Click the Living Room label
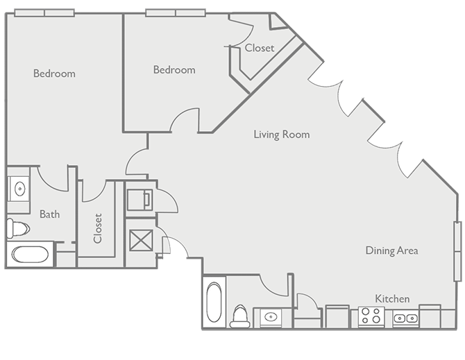click(281, 135)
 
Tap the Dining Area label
click(391, 250)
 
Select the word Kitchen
click(392, 298)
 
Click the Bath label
click(49, 214)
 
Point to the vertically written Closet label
click(98, 228)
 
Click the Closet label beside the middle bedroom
click(259, 48)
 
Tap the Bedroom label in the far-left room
click(54, 74)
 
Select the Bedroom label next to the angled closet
click(174, 69)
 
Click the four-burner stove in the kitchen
click(371, 316)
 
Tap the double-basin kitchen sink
click(405, 318)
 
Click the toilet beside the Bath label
click(17, 228)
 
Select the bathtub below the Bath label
click(29, 255)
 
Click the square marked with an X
click(141, 242)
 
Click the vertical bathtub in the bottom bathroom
click(215, 302)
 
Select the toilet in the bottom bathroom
click(241, 315)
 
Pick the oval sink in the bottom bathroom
click(271, 318)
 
